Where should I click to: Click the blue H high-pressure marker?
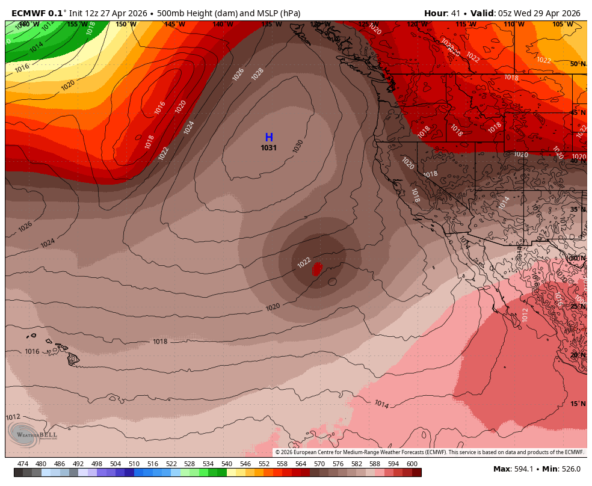click(269, 138)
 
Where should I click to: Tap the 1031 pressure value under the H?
click(269, 148)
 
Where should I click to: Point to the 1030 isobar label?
click(298, 146)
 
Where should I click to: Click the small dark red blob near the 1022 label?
click(316, 268)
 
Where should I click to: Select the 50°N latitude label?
click(578, 64)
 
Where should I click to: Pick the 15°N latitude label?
click(578, 404)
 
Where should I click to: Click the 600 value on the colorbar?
click(412, 464)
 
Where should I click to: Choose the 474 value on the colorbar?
click(23, 464)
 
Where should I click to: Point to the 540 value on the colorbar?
click(226, 464)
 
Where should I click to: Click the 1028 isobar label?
click(257, 74)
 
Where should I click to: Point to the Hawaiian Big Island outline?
click(73, 359)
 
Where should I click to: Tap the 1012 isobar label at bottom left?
click(13, 417)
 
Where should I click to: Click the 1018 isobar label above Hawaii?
click(160, 342)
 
